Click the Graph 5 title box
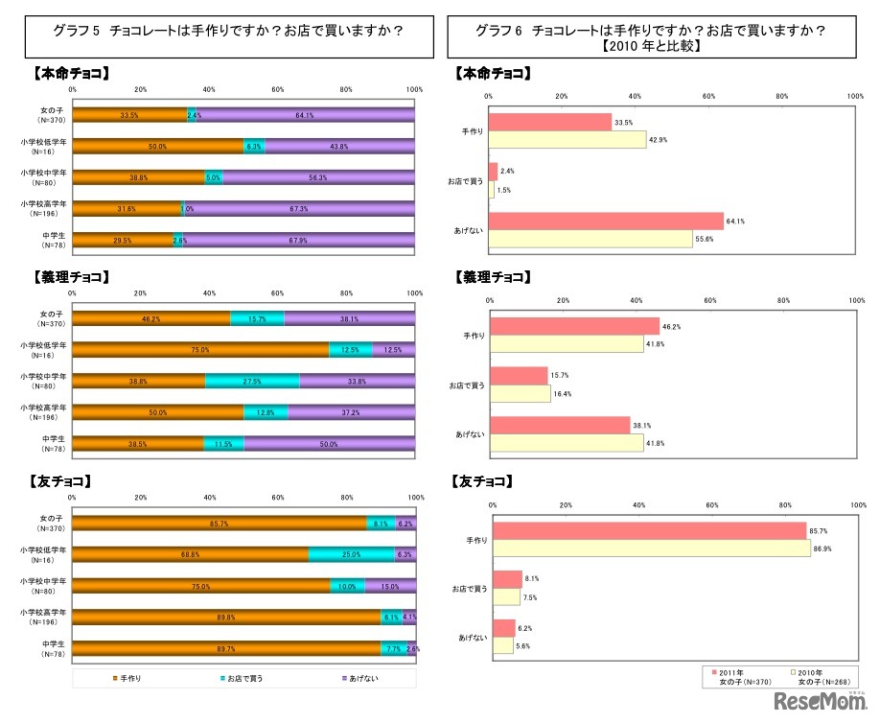227,31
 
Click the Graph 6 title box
652,36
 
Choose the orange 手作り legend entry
128,679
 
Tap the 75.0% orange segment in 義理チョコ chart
200,350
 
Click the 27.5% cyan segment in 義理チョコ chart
253,381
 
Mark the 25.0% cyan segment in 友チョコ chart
351,554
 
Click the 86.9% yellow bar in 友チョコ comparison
651,548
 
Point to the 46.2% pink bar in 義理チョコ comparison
576,326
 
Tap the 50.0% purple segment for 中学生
329,443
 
